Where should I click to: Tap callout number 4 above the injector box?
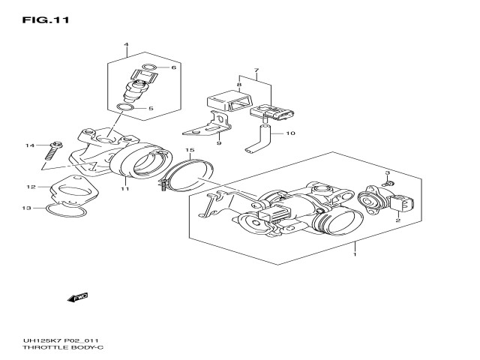coord(126,46)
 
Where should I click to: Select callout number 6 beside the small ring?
coord(173,68)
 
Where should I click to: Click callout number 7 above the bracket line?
coord(256,71)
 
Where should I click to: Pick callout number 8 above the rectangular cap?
coord(239,85)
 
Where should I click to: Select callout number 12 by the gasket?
coord(31,187)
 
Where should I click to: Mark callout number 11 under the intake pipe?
coord(126,187)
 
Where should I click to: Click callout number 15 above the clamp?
coord(190,151)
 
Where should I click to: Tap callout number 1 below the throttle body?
coord(355,254)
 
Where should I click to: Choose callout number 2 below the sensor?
coord(397,221)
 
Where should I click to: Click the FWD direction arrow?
coord(78,298)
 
